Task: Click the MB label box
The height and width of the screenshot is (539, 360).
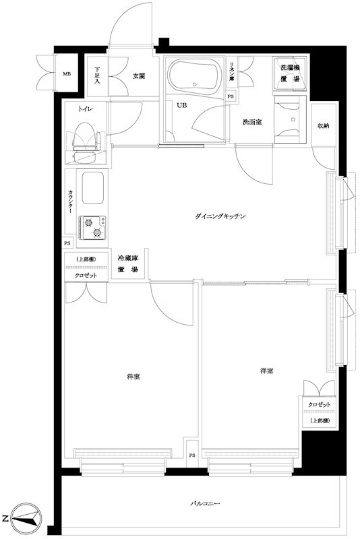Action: click(x=67, y=74)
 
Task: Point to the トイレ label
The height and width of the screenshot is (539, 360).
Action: click(x=85, y=108)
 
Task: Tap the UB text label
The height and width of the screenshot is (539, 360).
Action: click(x=181, y=105)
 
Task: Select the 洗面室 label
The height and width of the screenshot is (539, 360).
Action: click(x=252, y=122)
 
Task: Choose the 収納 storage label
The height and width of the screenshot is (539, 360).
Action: click(x=324, y=125)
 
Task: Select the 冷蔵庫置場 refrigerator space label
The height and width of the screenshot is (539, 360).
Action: click(x=127, y=263)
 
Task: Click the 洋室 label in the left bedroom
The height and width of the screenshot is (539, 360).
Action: click(x=132, y=376)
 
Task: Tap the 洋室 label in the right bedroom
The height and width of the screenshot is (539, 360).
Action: click(x=267, y=371)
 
